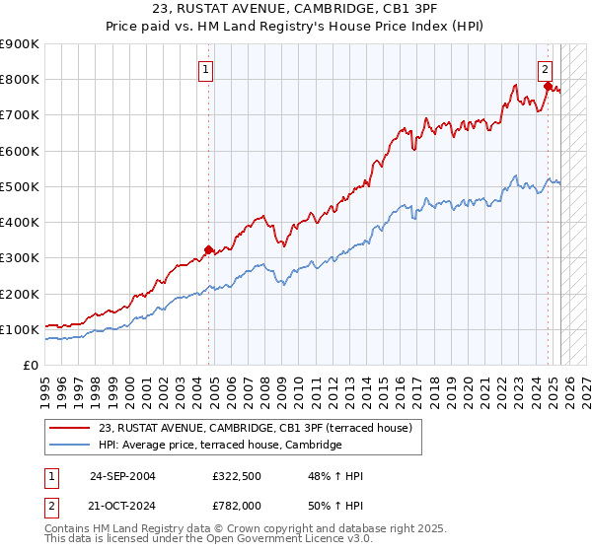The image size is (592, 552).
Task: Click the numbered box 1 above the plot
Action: point(206,69)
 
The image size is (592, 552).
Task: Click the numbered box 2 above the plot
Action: point(544,69)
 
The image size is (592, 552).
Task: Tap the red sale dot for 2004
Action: point(208,249)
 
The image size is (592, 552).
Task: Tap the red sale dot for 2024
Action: point(548,87)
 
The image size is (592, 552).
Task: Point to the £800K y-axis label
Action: point(20,80)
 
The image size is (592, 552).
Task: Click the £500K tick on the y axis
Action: point(20,186)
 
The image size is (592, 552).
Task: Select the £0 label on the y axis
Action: point(31,365)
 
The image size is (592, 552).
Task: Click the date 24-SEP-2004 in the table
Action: point(122,477)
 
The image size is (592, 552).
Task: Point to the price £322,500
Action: point(237,477)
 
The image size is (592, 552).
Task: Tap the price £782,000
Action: point(237,505)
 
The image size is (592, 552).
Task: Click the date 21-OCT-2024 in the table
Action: point(122,505)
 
